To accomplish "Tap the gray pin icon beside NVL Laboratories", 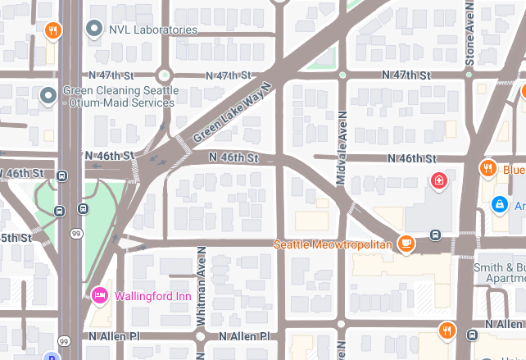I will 94,30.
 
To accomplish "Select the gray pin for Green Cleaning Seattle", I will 48,96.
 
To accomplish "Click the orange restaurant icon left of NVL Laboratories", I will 52,31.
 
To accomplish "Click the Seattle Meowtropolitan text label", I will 333,244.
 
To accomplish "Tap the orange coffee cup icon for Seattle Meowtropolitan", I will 406,243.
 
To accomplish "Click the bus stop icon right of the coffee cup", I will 435,235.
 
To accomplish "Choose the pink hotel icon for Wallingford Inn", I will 100,295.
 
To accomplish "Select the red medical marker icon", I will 439,180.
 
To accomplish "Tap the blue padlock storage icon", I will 498,203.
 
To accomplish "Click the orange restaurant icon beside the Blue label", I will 487,169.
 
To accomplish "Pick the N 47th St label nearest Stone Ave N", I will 406,75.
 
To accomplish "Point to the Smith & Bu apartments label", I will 500,272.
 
